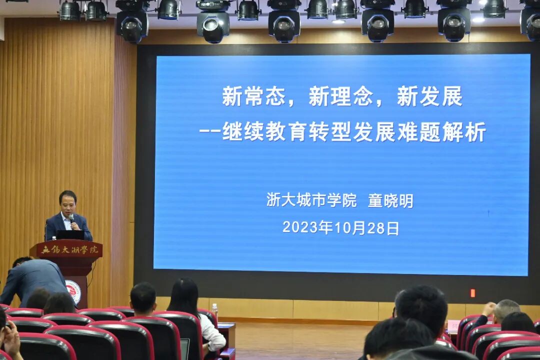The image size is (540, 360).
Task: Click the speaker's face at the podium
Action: [67, 202]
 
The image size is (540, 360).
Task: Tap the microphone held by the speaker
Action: [71, 218]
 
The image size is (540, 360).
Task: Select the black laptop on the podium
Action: [70, 235]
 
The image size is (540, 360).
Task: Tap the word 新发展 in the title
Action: [429, 96]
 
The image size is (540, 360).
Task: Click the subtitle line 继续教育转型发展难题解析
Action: [353, 132]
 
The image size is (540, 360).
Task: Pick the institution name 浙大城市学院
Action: [311, 200]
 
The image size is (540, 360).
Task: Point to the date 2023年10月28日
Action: [340, 228]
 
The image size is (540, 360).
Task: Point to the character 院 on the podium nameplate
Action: [94, 249]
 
